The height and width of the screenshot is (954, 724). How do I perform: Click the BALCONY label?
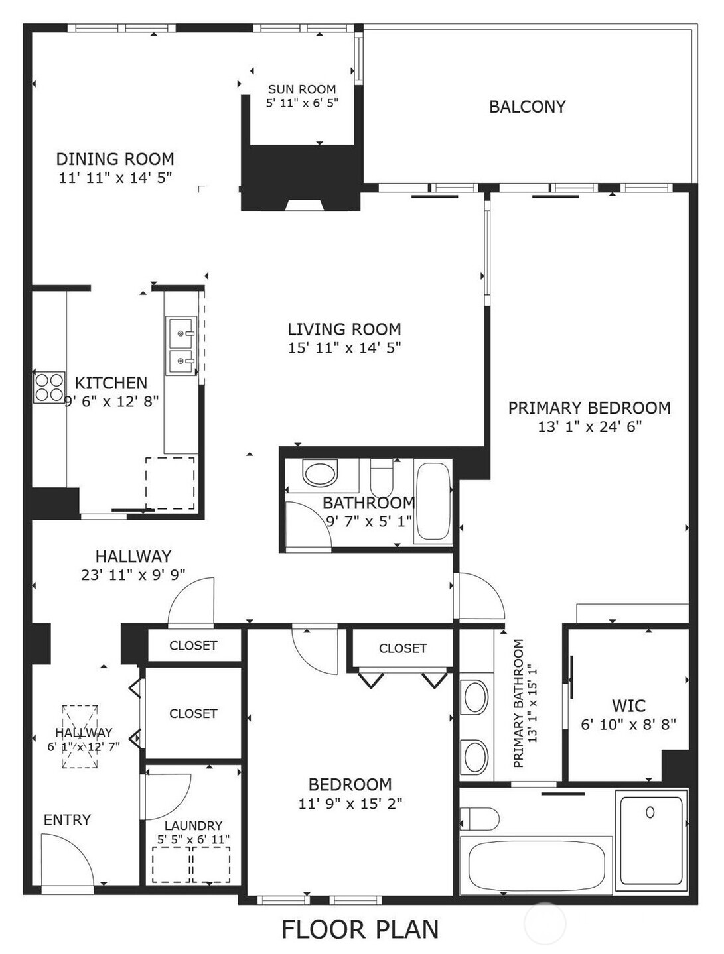coord(527,107)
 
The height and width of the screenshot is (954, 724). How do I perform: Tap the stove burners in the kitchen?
coord(50,387)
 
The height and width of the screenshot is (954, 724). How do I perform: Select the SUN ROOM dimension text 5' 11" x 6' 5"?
coord(303,103)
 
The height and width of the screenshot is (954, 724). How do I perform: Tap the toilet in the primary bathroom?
coord(479,818)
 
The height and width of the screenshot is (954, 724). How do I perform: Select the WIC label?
coord(628,705)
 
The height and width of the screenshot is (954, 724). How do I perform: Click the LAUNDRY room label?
coord(193,825)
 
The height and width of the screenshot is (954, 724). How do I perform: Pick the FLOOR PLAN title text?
coord(360,929)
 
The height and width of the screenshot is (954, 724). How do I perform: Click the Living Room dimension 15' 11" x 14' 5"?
coord(344,347)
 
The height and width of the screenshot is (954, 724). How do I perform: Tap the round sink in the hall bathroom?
coord(320,473)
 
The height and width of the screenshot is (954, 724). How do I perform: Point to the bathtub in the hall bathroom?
coord(433,501)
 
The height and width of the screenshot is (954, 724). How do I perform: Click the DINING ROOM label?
coord(115,159)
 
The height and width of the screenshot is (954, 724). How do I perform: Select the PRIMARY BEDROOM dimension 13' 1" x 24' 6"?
coord(589,426)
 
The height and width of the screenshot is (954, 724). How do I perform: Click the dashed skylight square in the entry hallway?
coord(80,736)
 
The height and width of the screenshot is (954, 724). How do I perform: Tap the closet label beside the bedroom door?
coord(402,648)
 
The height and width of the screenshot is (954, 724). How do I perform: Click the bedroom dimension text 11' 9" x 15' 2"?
coord(350,804)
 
